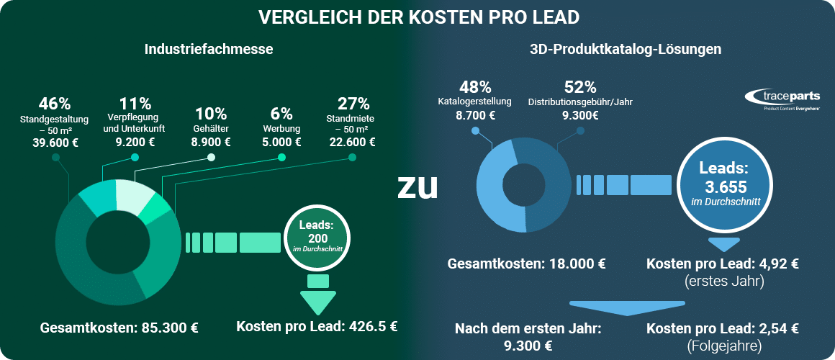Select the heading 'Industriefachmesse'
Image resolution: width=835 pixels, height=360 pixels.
pos(209,50)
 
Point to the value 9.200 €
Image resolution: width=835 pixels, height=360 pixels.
pos(135,142)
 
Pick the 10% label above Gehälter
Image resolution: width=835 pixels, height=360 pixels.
pos(210,114)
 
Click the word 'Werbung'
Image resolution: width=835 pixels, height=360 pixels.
pos(281,129)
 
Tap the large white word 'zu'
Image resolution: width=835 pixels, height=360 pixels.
pos(417,186)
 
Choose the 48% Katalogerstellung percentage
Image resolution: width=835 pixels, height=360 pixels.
pos(475,88)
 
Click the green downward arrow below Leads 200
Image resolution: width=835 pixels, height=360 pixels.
pos(317,301)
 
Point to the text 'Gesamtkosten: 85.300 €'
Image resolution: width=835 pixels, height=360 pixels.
pos(119,328)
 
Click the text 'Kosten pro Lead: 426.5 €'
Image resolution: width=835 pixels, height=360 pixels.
pos(317,325)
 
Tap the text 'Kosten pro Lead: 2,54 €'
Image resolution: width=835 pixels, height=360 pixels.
pos(722,329)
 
